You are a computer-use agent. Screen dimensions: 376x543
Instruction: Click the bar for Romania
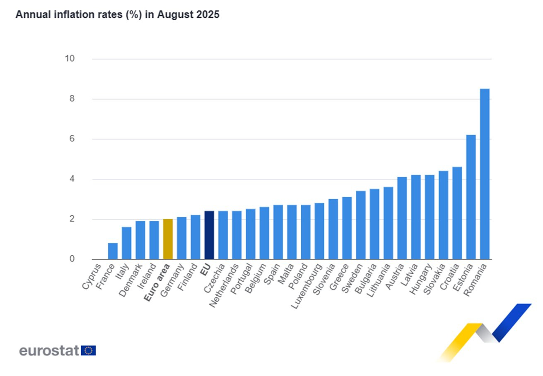485,174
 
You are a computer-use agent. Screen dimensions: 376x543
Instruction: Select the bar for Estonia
471,197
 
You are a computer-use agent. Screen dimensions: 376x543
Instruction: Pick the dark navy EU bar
209,235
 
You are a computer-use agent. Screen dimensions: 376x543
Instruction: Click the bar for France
113,251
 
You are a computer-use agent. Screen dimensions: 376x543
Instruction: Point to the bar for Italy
126,243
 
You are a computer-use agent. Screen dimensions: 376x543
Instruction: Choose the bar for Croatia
457,213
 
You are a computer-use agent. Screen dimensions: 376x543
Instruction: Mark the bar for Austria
402,218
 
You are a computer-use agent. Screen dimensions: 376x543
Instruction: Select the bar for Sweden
360,225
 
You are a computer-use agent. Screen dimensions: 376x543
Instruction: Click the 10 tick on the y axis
70,59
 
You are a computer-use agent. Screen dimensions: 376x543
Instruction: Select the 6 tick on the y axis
72,139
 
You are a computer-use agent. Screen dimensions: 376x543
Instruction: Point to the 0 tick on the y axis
72,259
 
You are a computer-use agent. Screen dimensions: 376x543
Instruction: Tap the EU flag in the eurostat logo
88,351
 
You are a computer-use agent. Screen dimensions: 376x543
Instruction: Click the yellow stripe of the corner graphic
458,341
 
